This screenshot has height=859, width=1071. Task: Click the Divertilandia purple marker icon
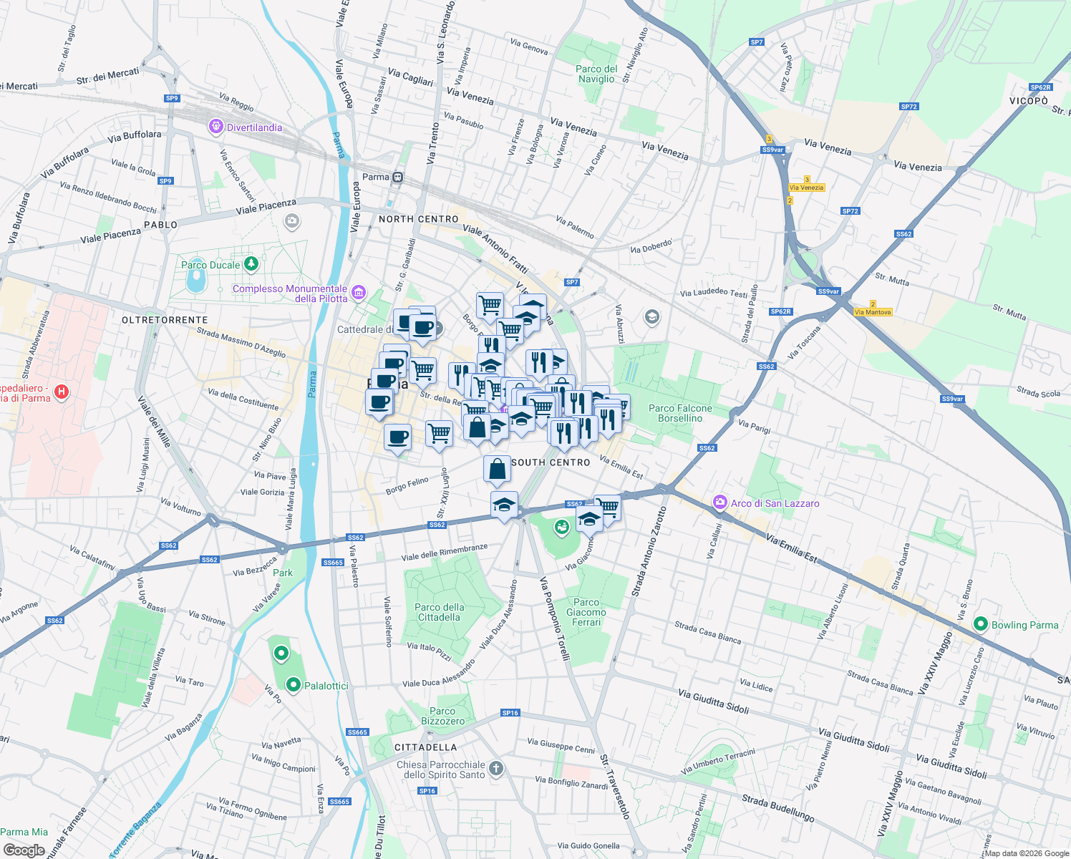click(x=215, y=127)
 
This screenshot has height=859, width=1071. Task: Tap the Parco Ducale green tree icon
click(x=251, y=264)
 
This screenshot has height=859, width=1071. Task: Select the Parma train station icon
click(x=398, y=177)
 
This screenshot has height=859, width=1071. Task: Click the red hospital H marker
click(x=62, y=392)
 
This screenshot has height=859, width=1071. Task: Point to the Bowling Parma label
click(x=1024, y=625)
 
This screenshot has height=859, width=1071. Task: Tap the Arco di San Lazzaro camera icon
click(x=720, y=503)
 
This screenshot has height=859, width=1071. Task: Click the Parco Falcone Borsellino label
click(x=680, y=413)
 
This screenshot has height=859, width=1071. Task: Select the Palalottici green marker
click(x=293, y=686)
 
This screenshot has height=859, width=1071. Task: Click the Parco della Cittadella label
click(x=440, y=612)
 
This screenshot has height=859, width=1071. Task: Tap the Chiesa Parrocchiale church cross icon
click(x=496, y=769)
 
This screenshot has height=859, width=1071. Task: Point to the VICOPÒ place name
click(x=1029, y=101)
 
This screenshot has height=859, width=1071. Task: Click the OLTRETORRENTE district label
click(x=165, y=320)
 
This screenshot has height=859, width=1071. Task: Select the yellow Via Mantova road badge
click(x=873, y=312)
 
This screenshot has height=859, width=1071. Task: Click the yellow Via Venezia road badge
click(x=807, y=188)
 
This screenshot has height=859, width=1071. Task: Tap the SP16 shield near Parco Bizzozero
click(x=510, y=713)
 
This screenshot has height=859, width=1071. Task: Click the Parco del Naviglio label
click(x=596, y=74)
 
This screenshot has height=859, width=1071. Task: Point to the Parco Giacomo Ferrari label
click(x=586, y=612)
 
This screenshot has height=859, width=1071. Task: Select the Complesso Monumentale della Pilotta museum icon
click(x=359, y=293)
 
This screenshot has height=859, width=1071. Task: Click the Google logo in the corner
click(x=24, y=850)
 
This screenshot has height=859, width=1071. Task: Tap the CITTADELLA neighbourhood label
click(x=425, y=747)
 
